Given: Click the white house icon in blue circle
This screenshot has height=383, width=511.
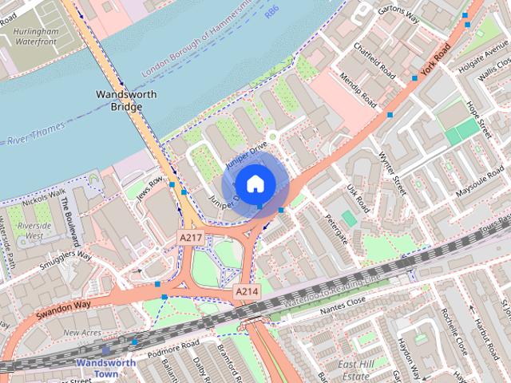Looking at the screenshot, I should [255, 184].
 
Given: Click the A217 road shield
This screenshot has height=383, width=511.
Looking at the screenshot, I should [189, 237].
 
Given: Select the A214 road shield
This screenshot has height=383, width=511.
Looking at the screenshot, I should [246, 292].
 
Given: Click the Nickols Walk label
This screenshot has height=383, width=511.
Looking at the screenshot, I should [44, 194].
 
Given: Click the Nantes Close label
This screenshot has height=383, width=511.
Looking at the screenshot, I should [345, 301].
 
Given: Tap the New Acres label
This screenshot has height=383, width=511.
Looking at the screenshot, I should [82, 332].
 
